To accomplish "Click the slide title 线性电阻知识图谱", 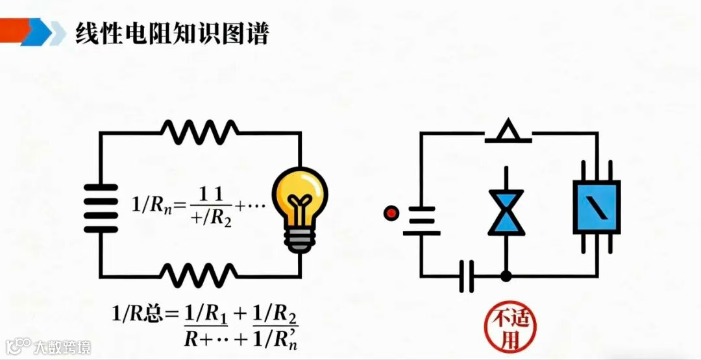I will point(172,33).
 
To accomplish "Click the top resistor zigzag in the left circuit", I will point(199,132).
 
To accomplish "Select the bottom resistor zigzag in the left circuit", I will point(199,275).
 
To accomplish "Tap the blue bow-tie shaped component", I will point(506,211).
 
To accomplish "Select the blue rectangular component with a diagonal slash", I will point(596,207).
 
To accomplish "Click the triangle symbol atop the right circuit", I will point(510,132).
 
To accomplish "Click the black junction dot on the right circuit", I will point(506,276).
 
